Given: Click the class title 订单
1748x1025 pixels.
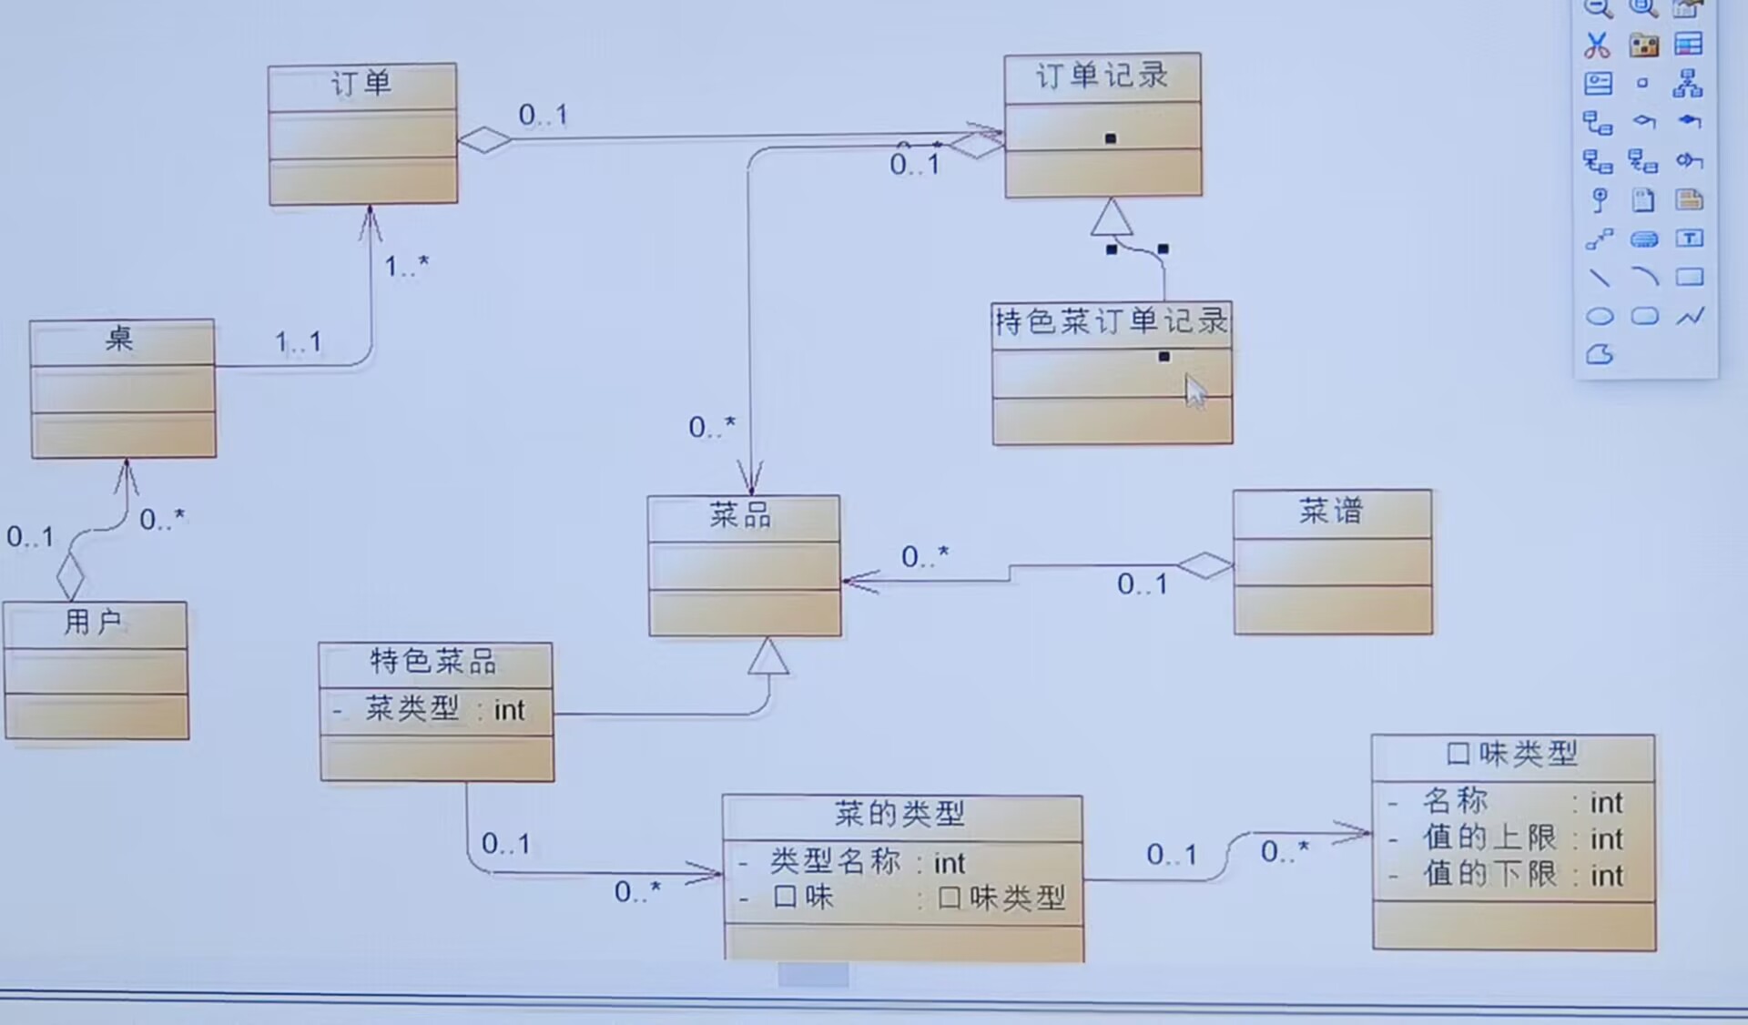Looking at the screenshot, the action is (361, 85).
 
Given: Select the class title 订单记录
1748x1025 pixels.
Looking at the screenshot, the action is (1102, 76).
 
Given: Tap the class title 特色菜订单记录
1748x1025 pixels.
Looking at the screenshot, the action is (1111, 322).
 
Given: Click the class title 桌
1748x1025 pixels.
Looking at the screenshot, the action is (120, 340).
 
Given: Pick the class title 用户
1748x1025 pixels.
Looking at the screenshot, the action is (93, 623).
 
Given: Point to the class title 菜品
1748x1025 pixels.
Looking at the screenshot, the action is (741, 516).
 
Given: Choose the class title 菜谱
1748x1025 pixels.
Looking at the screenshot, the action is (1331, 512).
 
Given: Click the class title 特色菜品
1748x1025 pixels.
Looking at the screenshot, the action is (433, 662).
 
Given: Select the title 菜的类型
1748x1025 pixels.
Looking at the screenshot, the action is (900, 814).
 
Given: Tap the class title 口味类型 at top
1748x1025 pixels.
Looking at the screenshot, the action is (1512, 755).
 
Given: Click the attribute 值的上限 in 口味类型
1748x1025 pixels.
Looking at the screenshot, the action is (1490, 838).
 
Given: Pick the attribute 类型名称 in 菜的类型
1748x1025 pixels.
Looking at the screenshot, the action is (836, 862).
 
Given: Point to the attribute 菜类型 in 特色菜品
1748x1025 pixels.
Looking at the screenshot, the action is (412, 709).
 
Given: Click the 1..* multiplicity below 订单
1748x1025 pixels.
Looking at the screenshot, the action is (406, 267).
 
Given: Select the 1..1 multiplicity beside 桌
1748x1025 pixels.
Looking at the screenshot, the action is (299, 343).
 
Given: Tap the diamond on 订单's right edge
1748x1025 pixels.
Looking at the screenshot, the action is (484, 140).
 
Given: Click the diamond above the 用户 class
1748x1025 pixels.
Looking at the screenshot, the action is (70, 575).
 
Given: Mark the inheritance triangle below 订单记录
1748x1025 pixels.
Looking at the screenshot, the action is (1112, 218).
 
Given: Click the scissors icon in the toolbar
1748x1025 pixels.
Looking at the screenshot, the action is (1597, 45).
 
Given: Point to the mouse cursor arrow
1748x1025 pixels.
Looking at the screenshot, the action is (1194, 391).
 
